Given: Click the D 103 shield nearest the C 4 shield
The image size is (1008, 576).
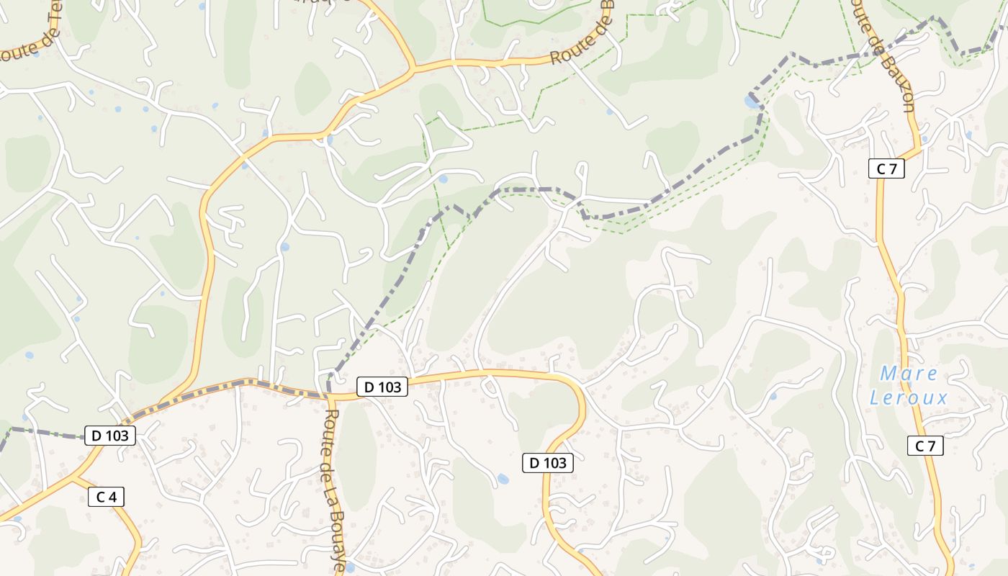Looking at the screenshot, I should [x=110, y=436].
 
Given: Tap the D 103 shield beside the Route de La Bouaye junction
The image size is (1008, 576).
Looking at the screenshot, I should [x=382, y=387].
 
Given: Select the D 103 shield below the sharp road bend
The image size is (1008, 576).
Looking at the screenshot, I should [x=547, y=463].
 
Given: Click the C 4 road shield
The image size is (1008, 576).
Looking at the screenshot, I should [x=107, y=497].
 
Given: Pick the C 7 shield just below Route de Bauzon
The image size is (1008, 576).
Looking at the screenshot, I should [x=886, y=169].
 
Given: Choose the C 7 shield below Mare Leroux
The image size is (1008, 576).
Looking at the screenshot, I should [x=924, y=446].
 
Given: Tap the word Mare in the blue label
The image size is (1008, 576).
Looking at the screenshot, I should [x=909, y=374].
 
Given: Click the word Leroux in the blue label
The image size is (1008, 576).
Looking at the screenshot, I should [x=909, y=397].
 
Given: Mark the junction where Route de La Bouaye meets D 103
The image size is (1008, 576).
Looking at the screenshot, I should [x=330, y=395].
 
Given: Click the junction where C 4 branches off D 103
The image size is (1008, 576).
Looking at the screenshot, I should [x=73, y=476].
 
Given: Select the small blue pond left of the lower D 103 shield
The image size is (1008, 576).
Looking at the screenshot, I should [x=503, y=478].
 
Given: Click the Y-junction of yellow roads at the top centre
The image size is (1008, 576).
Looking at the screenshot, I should [x=413, y=70].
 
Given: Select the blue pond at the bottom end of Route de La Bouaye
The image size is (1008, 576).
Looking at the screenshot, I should [x=350, y=568].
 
